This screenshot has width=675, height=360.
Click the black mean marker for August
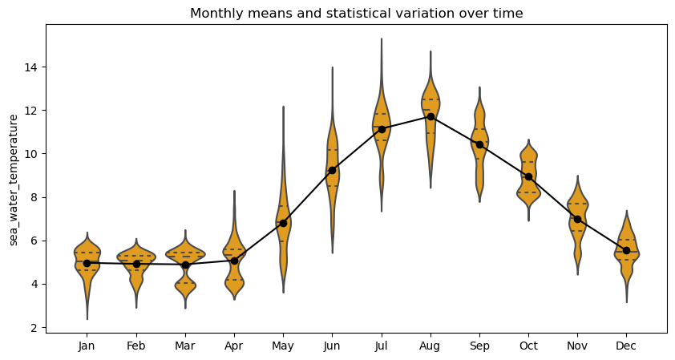coord(430,116)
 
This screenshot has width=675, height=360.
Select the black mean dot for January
coord(87,263)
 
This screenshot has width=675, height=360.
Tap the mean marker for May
coord(283,223)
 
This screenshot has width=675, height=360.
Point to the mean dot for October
coord(528,176)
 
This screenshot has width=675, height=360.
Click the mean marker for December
coord(626,250)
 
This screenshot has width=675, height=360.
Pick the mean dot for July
coord(382,129)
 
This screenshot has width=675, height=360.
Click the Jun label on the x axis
coord(332,346)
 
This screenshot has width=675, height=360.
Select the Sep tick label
coord(479,346)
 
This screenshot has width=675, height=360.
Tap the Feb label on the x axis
coord(135,346)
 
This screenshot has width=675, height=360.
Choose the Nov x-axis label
coord(577,346)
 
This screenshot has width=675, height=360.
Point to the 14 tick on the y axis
coord(33,67)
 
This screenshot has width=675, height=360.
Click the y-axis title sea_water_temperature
coord(14,180)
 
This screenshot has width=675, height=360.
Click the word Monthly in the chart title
coord(213,14)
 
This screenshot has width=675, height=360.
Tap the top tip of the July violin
coord(381,38)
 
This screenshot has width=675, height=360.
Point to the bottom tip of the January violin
coord(87,319)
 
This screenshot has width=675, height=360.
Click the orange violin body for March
coord(185,254)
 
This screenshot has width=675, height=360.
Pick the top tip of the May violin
coord(283,107)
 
